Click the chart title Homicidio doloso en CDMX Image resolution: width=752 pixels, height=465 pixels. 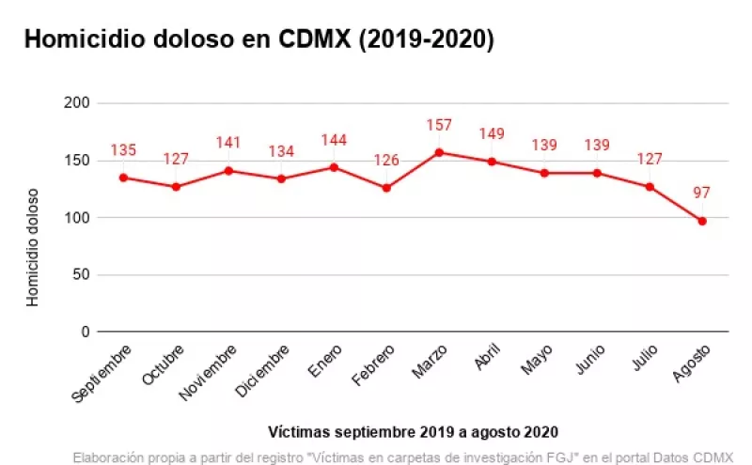258,39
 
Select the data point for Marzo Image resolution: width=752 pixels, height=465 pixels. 439,152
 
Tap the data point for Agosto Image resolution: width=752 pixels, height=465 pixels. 702,221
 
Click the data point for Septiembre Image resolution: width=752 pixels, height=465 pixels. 123,178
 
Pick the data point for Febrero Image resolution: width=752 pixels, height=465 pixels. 386,188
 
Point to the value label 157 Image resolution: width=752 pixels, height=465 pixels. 439,125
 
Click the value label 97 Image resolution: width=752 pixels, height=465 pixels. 702,194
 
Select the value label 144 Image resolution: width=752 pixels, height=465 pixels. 334,141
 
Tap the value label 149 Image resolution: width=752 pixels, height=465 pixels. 492,134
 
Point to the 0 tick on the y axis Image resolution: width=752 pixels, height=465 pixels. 86,332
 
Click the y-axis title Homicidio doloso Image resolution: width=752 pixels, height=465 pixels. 33,246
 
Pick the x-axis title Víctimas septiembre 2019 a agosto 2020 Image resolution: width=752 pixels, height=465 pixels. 413,432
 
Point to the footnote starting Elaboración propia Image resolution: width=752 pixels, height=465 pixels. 402,457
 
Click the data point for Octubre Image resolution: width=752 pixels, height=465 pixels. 176,187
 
